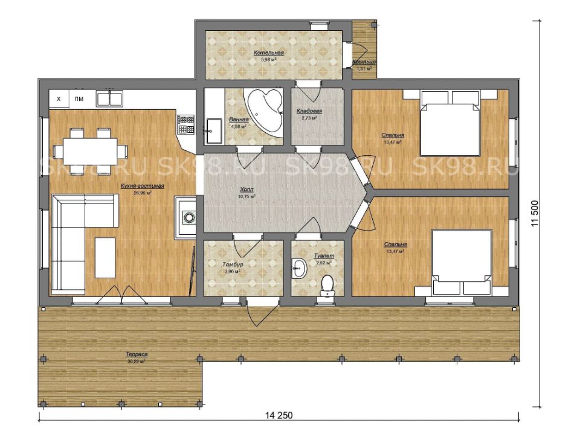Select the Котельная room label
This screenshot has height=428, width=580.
269,53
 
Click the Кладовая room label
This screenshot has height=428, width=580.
309,112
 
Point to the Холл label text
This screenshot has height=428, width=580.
247,189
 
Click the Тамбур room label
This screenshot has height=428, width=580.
233,264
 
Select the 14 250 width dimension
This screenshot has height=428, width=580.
280,415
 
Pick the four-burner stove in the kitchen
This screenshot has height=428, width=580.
185,125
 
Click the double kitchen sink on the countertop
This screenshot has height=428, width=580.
109,97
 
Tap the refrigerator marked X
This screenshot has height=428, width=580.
59,98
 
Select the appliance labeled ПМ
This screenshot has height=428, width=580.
79,98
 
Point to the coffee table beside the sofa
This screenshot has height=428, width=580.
105,257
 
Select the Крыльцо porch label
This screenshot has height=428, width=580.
364,62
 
